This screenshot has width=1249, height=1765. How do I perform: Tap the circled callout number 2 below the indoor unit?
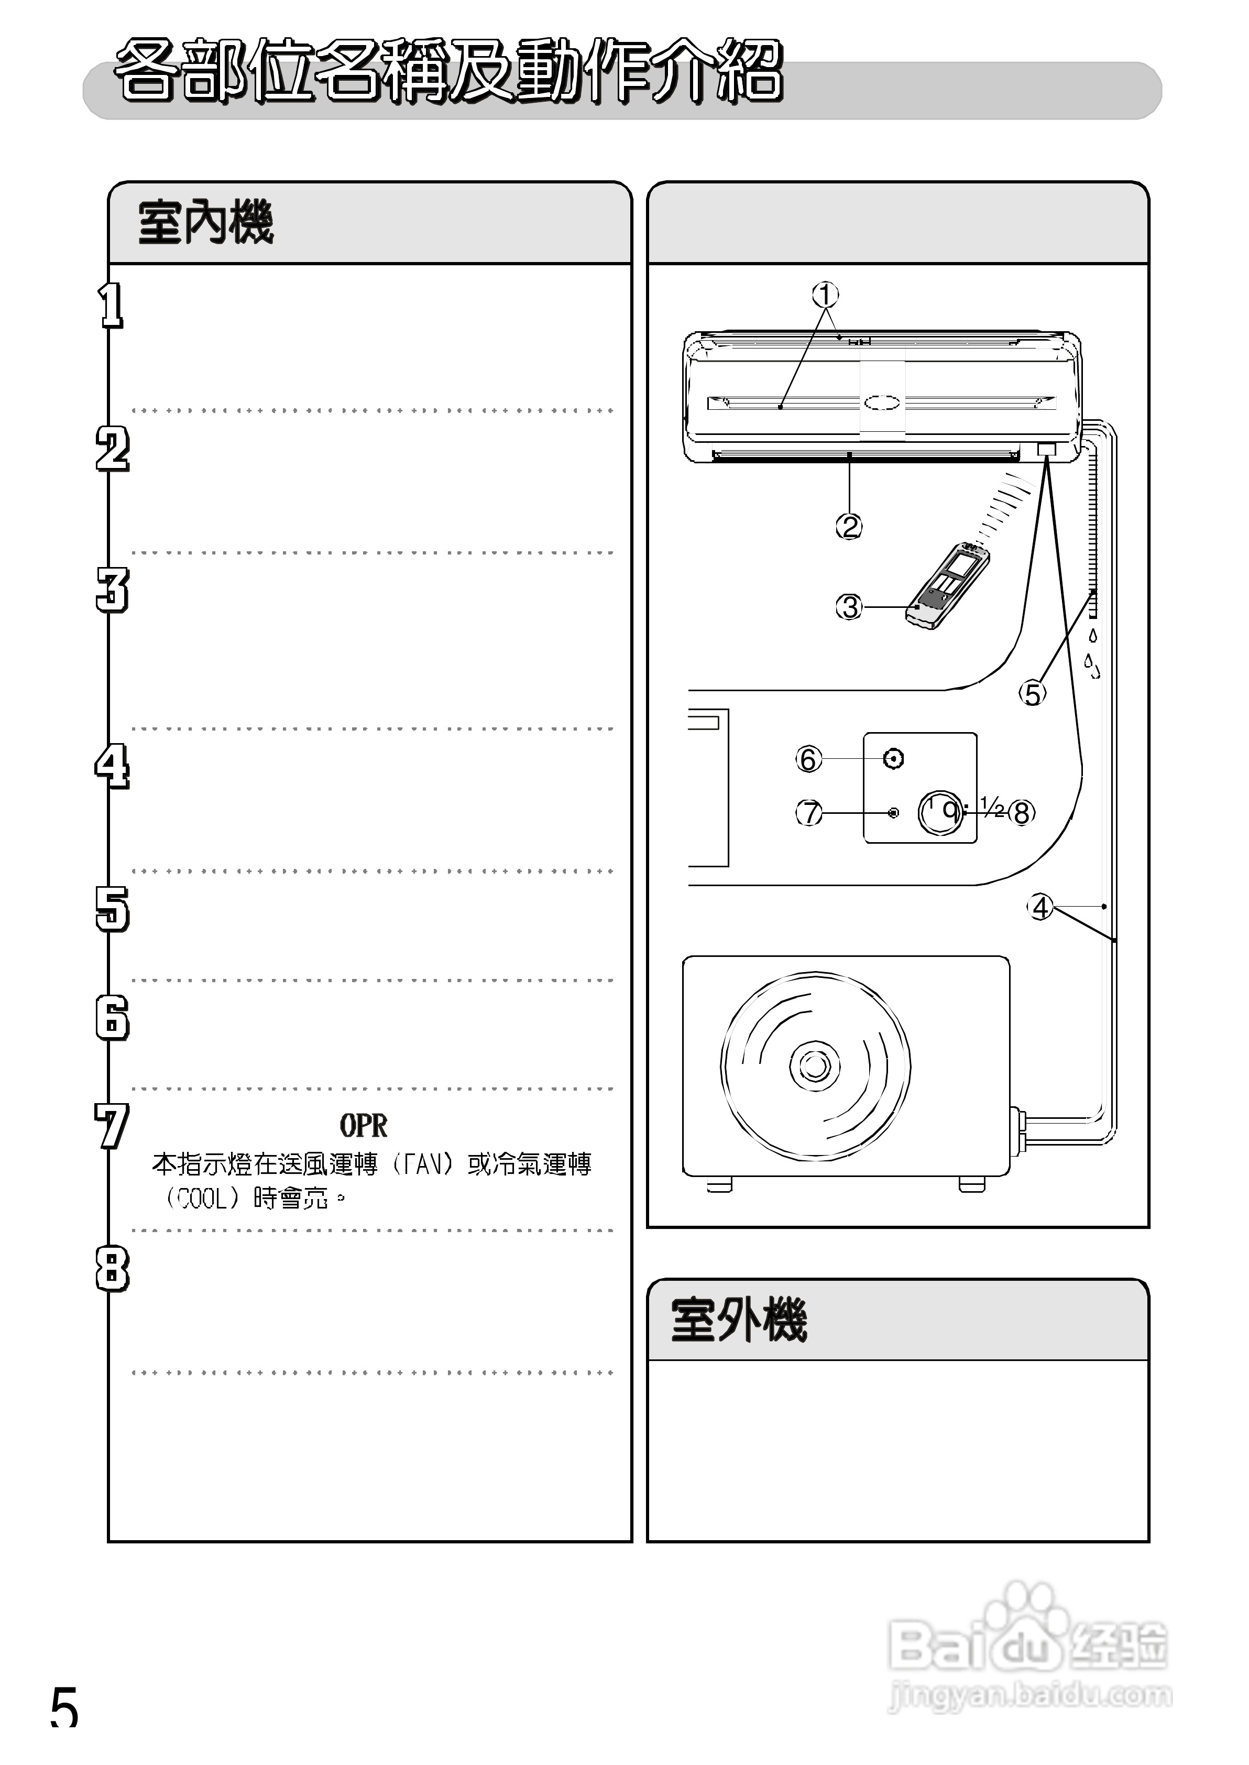pos(849,527)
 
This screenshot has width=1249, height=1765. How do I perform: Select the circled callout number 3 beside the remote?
pos(849,607)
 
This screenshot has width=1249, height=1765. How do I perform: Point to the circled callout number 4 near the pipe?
pos(1040,908)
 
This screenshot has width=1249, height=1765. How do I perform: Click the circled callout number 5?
pos(1033,694)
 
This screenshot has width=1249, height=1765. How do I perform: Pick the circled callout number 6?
pos(807,759)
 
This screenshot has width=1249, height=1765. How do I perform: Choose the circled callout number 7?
pos(808,813)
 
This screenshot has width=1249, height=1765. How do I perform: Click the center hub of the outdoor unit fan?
pos(815,1066)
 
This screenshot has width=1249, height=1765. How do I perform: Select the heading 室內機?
pos(205,223)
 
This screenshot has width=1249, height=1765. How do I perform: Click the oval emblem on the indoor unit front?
pos(881,402)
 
